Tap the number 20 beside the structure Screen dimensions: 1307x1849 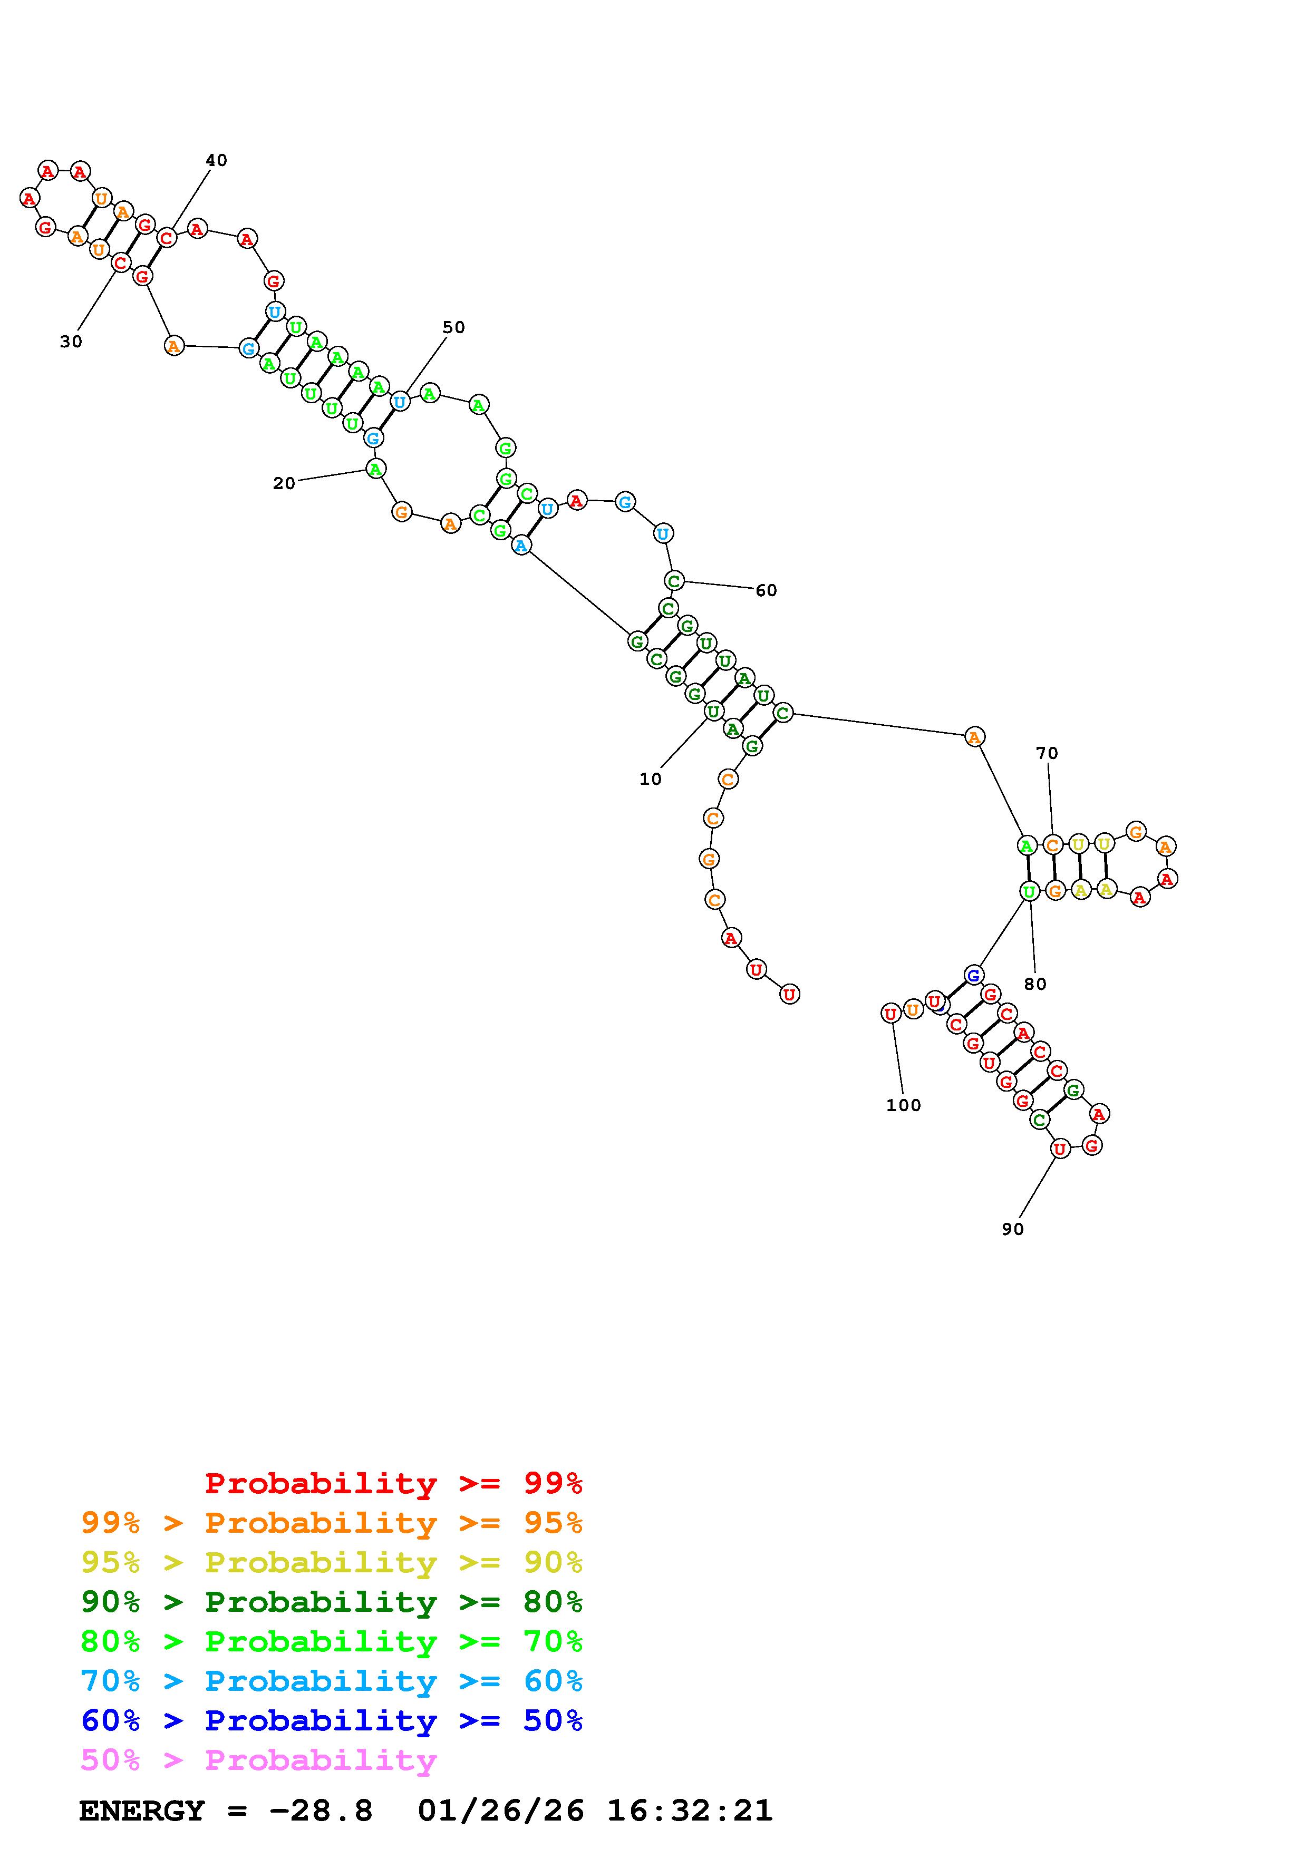coord(284,483)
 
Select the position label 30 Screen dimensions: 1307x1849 coord(71,342)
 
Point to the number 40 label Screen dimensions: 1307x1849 coord(216,160)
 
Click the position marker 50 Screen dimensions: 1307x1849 coord(453,327)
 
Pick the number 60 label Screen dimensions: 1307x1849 coord(766,590)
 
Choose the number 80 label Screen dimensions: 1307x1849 coord(1035,984)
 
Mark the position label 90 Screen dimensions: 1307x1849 coord(1012,1229)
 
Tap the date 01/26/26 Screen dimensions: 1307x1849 coord(501,1811)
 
